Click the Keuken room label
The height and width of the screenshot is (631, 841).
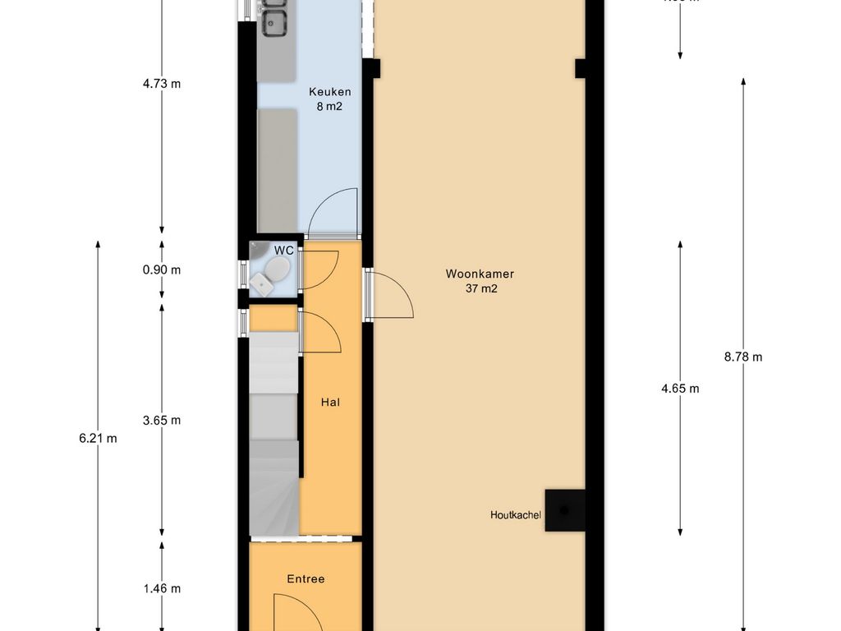tap(330, 92)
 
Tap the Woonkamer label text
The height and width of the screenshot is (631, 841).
tap(480, 274)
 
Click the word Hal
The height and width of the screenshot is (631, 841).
tap(330, 403)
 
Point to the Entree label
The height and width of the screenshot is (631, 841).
tap(306, 579)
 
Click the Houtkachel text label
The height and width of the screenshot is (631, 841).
tap(516, 515)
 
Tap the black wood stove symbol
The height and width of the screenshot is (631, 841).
tap(565, 510)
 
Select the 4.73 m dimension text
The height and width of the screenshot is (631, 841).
tap(161, 83)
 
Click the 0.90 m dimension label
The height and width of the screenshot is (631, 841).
tap(161, 270)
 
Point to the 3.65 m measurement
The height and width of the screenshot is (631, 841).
tap(161, 420)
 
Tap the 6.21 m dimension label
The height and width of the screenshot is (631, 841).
tap(98, 438)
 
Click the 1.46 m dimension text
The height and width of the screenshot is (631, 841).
tap(161, 588)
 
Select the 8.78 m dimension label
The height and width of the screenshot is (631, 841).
tap(743, 357)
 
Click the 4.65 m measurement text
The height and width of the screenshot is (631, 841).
tap(680, 389)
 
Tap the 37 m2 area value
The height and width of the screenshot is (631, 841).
tap(480, 288)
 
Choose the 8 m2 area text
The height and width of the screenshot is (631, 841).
tap(330, 106)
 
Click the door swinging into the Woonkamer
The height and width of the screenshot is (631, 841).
tap(391, 294)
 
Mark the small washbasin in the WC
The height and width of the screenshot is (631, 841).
tap(260, 282)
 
